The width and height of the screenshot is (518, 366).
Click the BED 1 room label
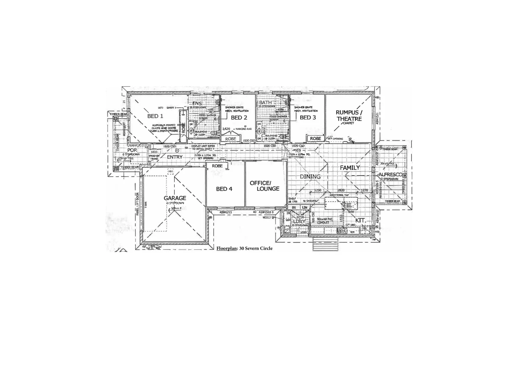[x=155, y=116]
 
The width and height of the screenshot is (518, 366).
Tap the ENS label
[x=197, y=103]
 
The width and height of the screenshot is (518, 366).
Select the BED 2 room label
[x=239, y=118]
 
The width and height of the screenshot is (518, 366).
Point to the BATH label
[x=265, y=102]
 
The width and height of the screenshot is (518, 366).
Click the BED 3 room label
[x=308, y=118]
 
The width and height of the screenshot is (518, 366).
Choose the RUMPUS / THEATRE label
[x=349, y=116]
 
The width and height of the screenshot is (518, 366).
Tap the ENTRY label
[x=175, y=157]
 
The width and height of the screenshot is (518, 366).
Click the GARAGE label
[x=175, y=198]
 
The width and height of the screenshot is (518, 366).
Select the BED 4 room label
[x=224, y=189]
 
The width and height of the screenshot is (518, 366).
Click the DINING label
[x=310, y=177]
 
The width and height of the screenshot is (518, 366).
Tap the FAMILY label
[x=350, y=167]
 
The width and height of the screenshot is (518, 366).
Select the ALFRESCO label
[x=390, y=175]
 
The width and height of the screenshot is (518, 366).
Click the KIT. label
[x=360, y=220]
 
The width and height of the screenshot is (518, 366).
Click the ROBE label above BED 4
[x=217, y=166]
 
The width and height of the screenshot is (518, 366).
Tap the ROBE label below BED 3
[x=315, y=138]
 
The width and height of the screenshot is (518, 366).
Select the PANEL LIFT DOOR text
[x=137, y=204]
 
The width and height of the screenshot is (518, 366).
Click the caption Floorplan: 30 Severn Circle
[x=244, y=248]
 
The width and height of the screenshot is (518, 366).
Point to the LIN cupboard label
[x=305, y=207]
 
